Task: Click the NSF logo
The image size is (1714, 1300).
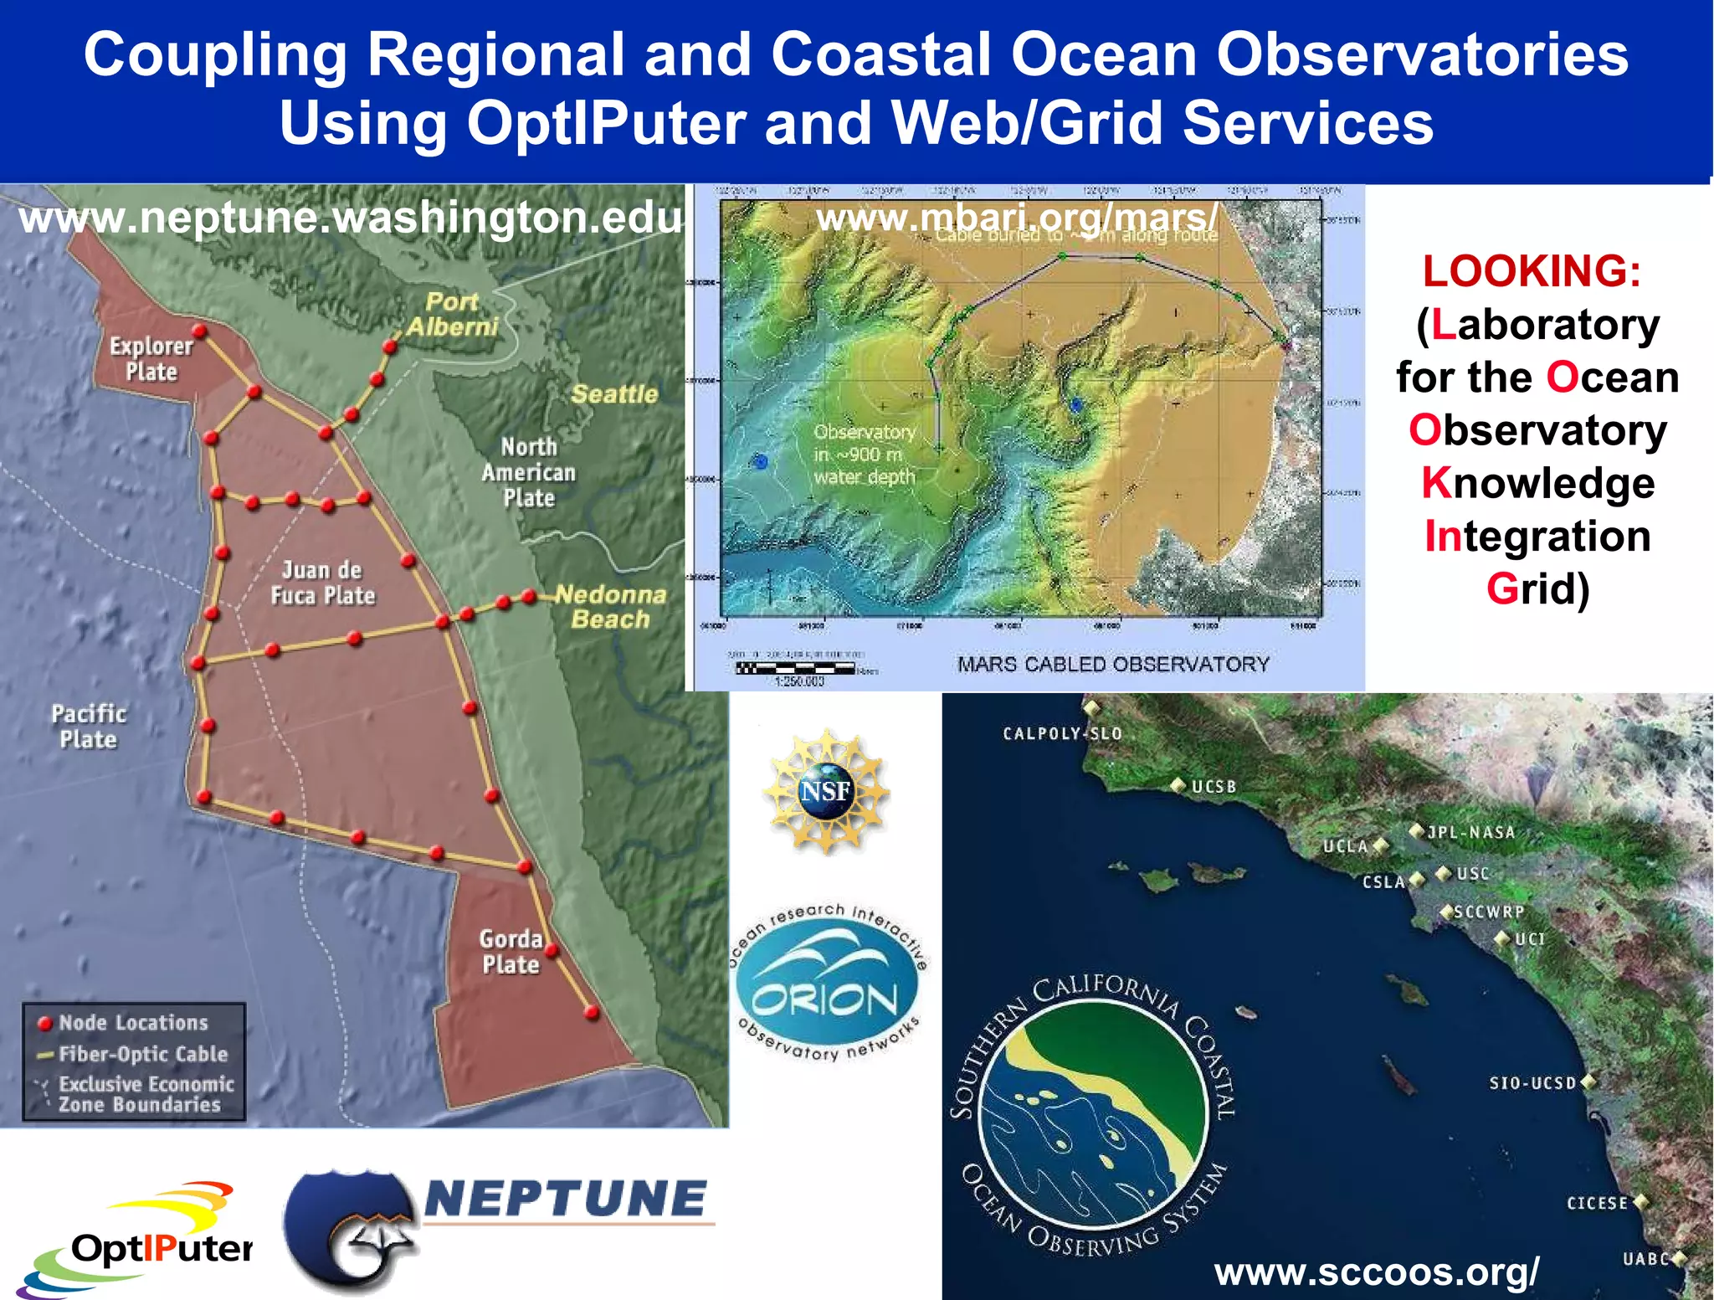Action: pos(826,791)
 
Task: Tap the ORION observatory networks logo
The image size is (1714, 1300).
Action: pos(826,984)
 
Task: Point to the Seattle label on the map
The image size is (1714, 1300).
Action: pos(614,393)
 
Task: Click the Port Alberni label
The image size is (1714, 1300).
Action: pos(452,314)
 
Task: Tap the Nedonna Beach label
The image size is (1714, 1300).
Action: pos(610,607)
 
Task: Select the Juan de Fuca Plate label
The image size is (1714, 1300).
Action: pos(322,583)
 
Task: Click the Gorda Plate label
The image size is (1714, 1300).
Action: pos(511,951)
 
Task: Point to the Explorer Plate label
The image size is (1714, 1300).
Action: pos(151,358)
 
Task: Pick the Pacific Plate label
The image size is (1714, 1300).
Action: pos(89,726)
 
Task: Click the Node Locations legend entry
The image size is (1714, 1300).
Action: pos(132,1022)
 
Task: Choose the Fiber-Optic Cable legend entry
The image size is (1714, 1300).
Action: pos(142,1054)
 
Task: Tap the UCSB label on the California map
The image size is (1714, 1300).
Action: pos(1213,787)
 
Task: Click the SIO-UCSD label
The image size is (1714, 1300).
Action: pos(1532,1083)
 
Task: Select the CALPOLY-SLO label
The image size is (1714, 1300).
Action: pos(1062,733)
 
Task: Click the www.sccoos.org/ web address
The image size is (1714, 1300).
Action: pos(1376,1272)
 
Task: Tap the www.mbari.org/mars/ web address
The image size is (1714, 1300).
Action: pos(1017,218)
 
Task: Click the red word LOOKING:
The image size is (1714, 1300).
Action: pos(1532,271)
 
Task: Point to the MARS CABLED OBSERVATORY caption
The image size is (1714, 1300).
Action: pos(1113,664)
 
